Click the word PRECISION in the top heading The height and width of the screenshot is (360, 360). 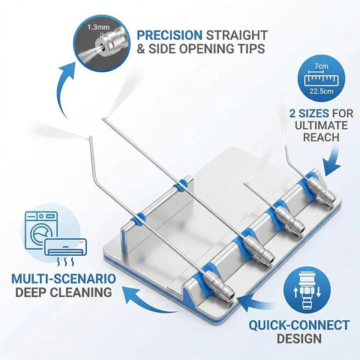[169, 35]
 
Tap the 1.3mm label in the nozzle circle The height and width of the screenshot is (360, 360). [98, 27]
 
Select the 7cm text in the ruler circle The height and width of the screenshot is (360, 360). [322, 66]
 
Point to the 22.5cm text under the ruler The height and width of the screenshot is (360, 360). [322, 91]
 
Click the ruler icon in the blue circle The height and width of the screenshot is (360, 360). [322, 79]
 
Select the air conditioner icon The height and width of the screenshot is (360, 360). [65, 247]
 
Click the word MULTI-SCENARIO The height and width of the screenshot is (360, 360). [64, 279]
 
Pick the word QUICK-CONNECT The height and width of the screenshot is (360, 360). [299, 325]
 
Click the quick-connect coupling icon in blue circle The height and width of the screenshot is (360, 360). [307, 291]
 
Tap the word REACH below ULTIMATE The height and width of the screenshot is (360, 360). [321, 137]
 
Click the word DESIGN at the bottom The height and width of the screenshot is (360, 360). [299, 338]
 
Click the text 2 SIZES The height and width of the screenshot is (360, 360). [309, 113]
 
